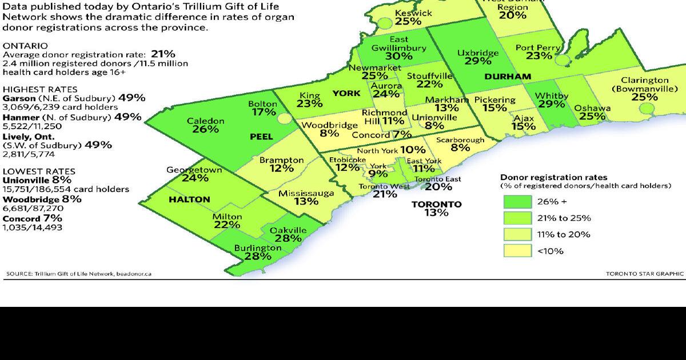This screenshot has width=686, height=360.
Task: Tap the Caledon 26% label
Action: click(205, 125)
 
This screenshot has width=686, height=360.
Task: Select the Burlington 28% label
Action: click(257, 253)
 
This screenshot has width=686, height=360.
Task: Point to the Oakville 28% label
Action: click(288, 234)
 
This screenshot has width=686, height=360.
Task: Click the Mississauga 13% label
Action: click(306, 197)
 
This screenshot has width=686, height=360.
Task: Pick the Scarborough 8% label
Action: click(460, 143)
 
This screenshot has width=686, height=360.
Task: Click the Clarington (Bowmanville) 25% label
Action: click(644, 89)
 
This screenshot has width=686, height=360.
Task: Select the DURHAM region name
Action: click(508, 76)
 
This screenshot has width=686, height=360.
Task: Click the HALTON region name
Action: click(189, 199)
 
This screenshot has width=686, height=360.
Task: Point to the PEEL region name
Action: click(262, 137)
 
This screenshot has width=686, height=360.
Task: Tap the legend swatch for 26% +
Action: click(517, 202)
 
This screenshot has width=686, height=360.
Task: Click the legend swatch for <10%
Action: click(517, 250)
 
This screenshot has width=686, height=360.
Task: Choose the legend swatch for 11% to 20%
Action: click(517, 234)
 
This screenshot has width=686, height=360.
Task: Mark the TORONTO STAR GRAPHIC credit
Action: click(645, 274)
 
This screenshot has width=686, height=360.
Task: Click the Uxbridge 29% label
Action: click(478, 57)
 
